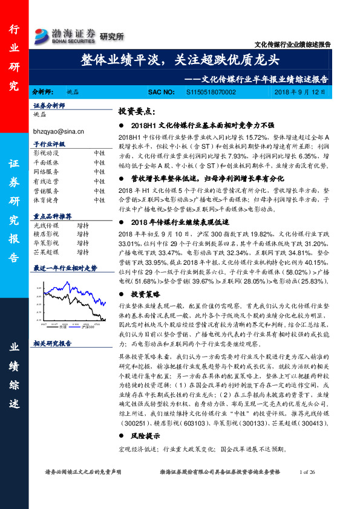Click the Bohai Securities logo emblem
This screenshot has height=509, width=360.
point(41,34)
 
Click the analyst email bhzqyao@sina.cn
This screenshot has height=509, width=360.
point(58,130)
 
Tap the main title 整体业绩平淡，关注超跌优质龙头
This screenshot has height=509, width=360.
point(180,59)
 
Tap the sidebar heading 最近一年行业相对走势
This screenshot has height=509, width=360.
point(65,267)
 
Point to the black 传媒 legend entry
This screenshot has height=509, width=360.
point(63,327)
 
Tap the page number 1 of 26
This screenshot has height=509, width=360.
point(309,488)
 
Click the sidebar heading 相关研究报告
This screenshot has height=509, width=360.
point(52,343)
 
